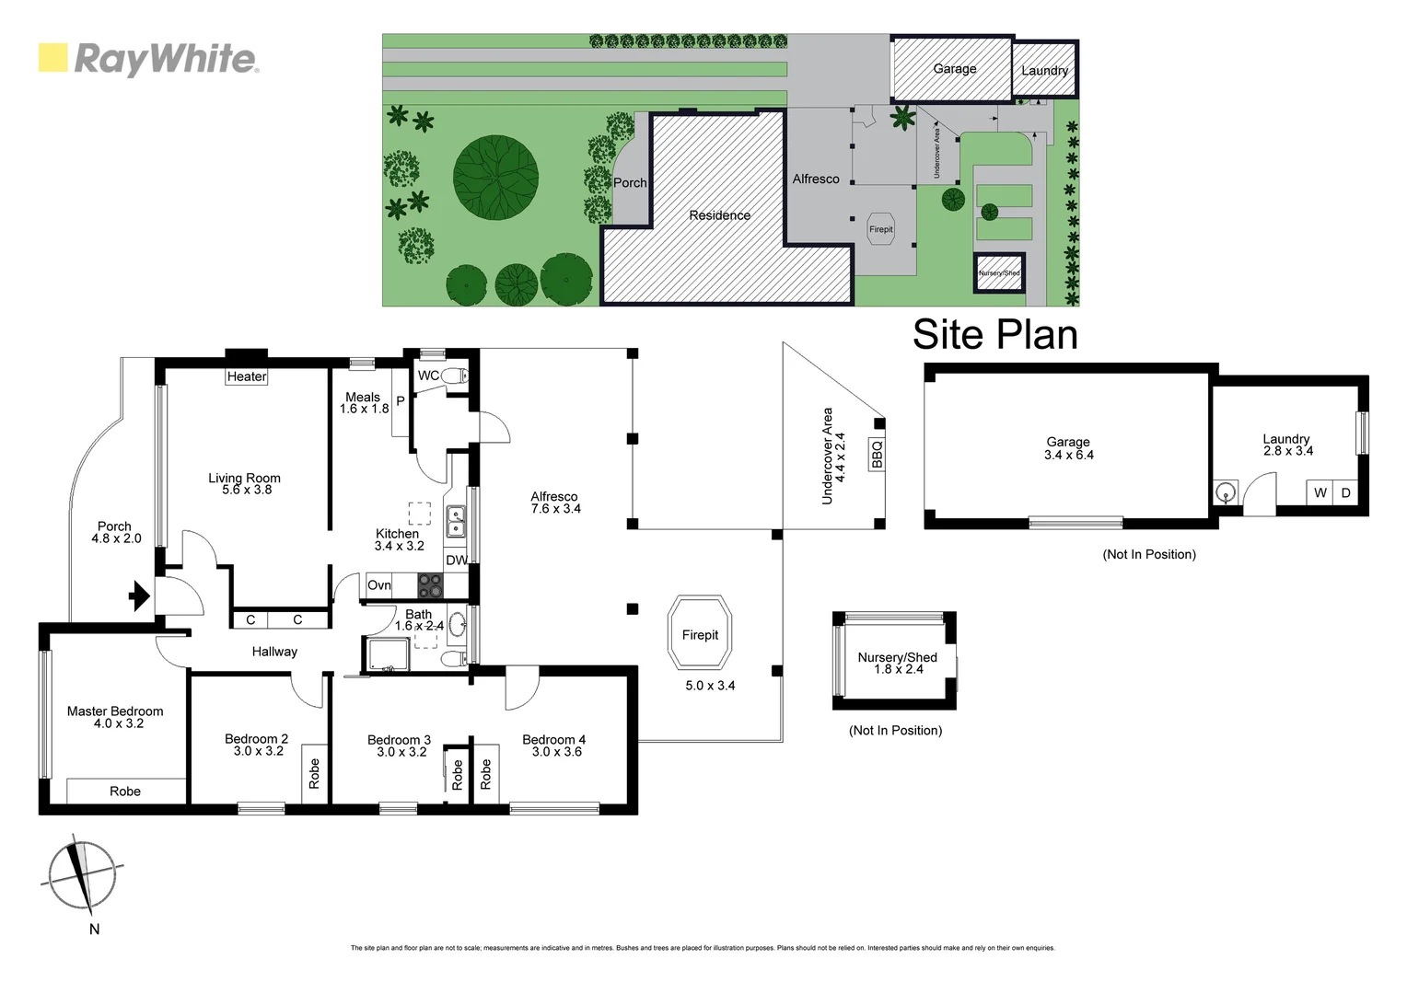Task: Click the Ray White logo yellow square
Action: tap(52, 57)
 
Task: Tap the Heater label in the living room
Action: tap(247, 376)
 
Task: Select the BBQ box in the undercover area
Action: tap(877, 454)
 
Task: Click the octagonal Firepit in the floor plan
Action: tap(700, 634)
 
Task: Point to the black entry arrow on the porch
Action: tap(139, 595)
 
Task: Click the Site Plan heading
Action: tap(994, 334)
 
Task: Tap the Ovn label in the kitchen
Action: tap(378, 585)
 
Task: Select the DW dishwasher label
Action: tap(456, 560)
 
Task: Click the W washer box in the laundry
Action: tap(1320, 493)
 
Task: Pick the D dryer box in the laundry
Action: tap(1345, 493)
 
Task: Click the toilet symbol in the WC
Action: tap(454, 376)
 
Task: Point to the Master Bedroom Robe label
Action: tap(125, 792)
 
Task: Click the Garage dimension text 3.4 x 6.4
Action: tap(1068, 455)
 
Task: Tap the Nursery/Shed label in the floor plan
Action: tap(897, 657)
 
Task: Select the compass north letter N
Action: tap(94, 930)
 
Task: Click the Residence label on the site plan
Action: tap(719, 215)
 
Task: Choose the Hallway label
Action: tap(274, 652)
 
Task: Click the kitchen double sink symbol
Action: tap(456, 521)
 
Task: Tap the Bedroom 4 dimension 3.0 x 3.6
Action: tap(556, 752)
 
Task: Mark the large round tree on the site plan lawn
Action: tap(495, 175)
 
